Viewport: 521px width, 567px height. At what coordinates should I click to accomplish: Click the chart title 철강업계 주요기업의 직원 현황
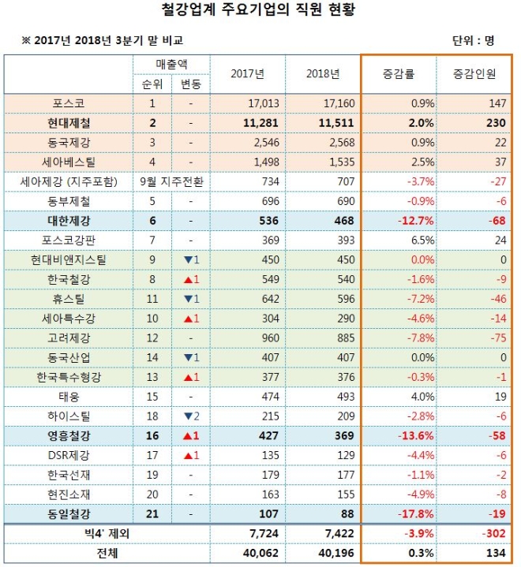(260, 11)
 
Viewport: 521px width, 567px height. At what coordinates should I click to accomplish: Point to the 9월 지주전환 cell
(171, 181)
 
